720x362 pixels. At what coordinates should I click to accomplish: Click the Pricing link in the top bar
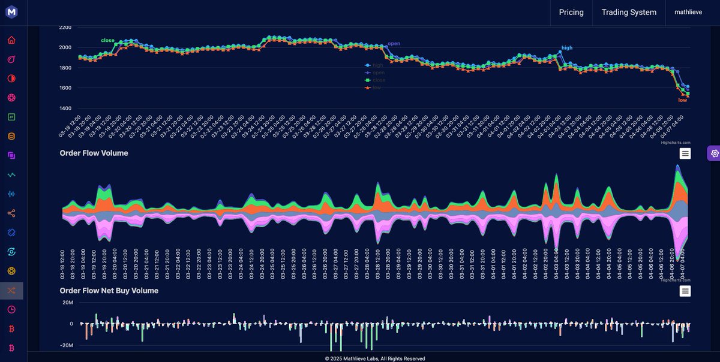click(571, 12)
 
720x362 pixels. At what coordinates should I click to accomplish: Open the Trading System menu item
click(629, 12)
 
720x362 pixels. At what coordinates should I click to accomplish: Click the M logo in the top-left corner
click(11, 12)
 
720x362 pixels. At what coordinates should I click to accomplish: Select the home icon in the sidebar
click(11, 40)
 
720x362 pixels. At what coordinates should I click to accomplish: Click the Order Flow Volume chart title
click(94, 153)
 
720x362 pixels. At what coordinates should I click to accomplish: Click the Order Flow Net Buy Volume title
click(109, 291)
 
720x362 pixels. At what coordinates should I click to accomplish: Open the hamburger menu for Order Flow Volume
click(685, 153)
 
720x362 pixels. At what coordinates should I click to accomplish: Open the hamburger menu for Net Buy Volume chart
click(685, 291)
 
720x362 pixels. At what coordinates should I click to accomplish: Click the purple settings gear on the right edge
click(714, 153)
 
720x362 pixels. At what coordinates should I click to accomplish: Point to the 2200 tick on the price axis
click(65, 28)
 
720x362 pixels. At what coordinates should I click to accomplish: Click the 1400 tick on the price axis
click(65, 108)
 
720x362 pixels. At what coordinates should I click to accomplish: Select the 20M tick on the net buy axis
click(67, 302)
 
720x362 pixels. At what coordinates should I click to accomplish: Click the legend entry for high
click(377, 65)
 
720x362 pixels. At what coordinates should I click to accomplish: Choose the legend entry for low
click(376, 88)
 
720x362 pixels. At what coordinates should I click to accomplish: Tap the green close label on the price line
click(107, 40)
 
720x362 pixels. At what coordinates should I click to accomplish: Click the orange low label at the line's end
click(682, 100)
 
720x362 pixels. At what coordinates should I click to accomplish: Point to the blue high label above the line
click(566, 47)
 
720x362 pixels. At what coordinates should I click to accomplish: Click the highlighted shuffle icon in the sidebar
click(11, 291)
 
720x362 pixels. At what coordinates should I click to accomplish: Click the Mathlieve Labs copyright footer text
click(375, 358)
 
